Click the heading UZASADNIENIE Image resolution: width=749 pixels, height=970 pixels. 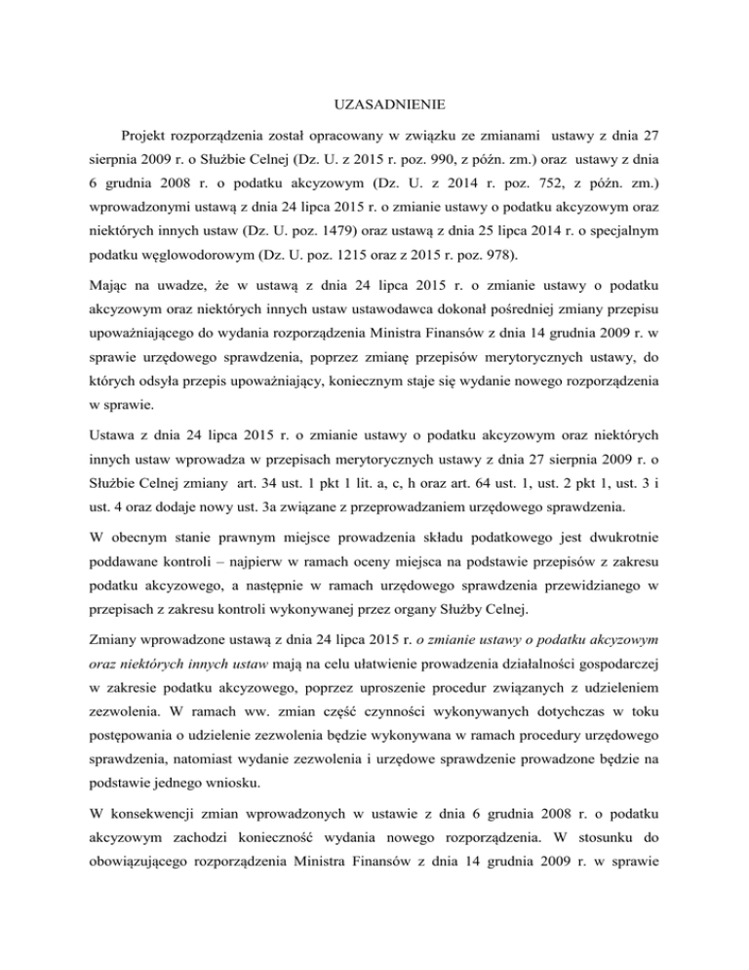[374, 101]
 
